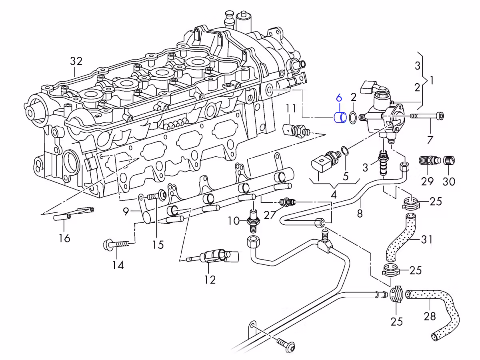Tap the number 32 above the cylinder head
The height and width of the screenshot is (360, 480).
point(76,61)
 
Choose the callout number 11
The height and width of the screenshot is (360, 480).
point(291,108)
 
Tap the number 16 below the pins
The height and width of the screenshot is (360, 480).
point(64,238)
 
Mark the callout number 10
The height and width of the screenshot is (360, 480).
point(234,220)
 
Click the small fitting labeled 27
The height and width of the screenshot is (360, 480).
point(287,202)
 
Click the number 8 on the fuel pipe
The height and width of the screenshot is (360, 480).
point(360,214)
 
